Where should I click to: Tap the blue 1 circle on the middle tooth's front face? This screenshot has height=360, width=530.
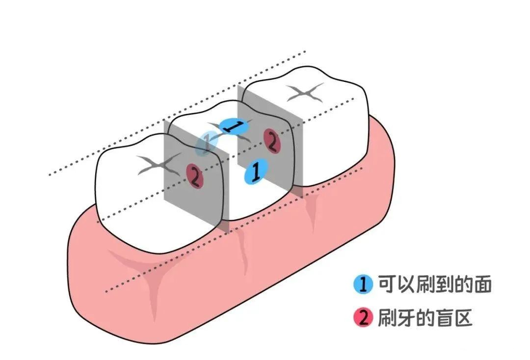pyautogui.click(x=255, y=171)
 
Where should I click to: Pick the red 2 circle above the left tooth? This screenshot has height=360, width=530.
pyautogui.click(x=195, y=176)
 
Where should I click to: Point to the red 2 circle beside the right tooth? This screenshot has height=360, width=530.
pyautogui.click(x=271, y=140)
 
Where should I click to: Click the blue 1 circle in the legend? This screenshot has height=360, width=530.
pyautogui.click(x=363, y=284)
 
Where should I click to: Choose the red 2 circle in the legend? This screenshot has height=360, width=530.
pyautogui.click(x=363, y=318)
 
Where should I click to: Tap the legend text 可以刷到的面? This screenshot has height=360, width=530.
pyautogui.click(x=434, y=284)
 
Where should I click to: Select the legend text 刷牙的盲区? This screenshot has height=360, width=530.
pyautogui.click(x=424, y=318)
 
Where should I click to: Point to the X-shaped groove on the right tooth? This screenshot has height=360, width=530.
pyautogui.click(x=306, y=92)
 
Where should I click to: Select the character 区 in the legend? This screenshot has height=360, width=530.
pyautogui.click(x=463, y=318)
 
